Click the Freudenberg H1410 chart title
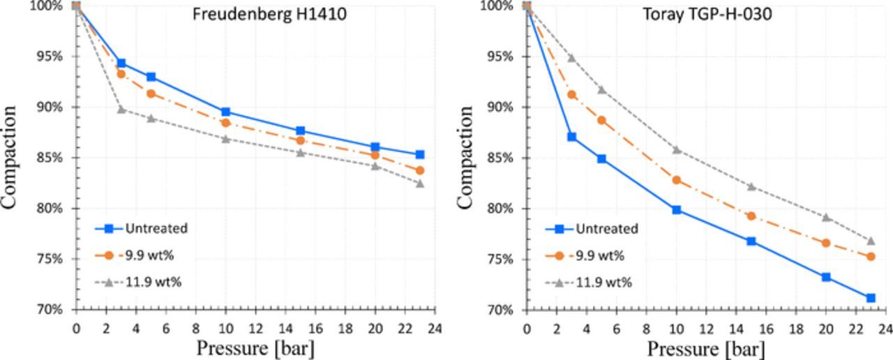(x=269, y=13)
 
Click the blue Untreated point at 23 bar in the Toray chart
(x=871, y=298)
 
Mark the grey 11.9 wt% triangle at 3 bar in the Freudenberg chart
(x=121, y=109)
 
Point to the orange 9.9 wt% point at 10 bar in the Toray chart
(x=677, y=180)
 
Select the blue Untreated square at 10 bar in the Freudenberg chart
(x=226, y=112)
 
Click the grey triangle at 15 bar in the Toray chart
(x=751, y=186)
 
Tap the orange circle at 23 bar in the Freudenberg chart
(x=420, y=170)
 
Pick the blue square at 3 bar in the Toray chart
(x=572, y=137)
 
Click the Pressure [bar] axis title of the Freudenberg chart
(x=255, y=347)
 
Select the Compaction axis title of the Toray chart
(x=466, y=158)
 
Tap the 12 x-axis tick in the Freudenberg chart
(x=255, y=327)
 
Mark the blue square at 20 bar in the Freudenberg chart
(x=375, y=147)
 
